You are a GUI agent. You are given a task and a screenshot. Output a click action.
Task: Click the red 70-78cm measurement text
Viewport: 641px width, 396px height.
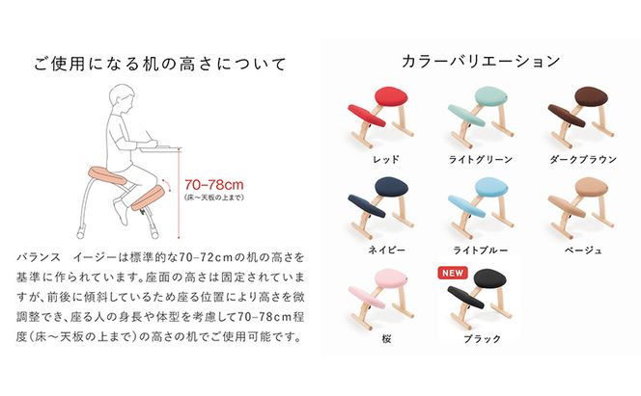pyautogui.click(x=212, y=183)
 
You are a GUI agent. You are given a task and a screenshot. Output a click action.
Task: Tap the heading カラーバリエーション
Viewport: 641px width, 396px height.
pyautogui.click(x=479, y=61)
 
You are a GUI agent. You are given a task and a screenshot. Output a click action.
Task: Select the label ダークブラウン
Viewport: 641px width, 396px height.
pyautogui.click(x=578, y=157)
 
